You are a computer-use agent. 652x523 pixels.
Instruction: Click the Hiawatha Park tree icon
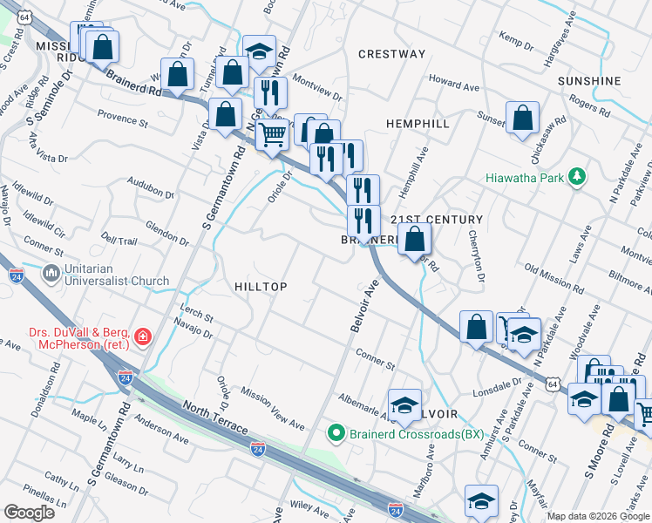coord(575,177)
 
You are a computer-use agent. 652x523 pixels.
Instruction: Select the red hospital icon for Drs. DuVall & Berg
coord(142,336)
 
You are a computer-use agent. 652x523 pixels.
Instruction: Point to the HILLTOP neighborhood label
coord(261,287)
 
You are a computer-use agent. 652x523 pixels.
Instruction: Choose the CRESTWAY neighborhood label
coord(392,54)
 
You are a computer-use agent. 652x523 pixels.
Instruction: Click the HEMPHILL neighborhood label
coord(418,124)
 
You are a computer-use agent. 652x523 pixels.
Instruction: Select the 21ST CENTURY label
coord(436,220)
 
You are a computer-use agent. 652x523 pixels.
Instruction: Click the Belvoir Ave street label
coord(363,304)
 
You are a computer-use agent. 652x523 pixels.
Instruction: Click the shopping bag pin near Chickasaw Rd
coord(522,118)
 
